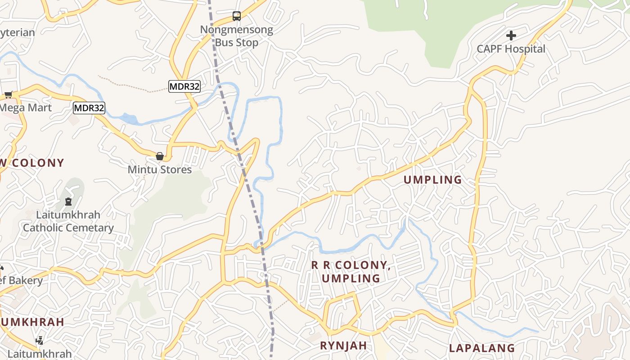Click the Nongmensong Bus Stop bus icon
pos(237,16)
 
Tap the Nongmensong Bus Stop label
pos(237,36)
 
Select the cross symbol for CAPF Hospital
pos(511,35)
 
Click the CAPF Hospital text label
pos(511,49)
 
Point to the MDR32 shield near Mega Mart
pos(89,108)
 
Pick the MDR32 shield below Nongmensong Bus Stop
pos(184,86)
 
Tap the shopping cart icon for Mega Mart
pos(9,94)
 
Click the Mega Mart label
pos(26,108)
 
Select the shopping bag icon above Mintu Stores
pos(160,156)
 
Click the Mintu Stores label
pos(160,170)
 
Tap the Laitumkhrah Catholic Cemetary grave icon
pos(68,201)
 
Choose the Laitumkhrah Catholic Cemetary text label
pos(68,221)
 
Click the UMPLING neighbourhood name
pos(432,180)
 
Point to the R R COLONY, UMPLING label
pos(351,272)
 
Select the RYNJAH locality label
pos(343,346)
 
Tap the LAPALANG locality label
pos(482,348)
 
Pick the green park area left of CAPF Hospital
pos(405,27)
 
